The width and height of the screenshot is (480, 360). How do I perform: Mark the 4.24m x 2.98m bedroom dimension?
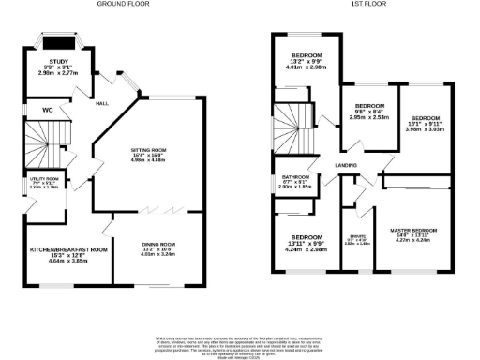pyautogui.click(x=307, y=249)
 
